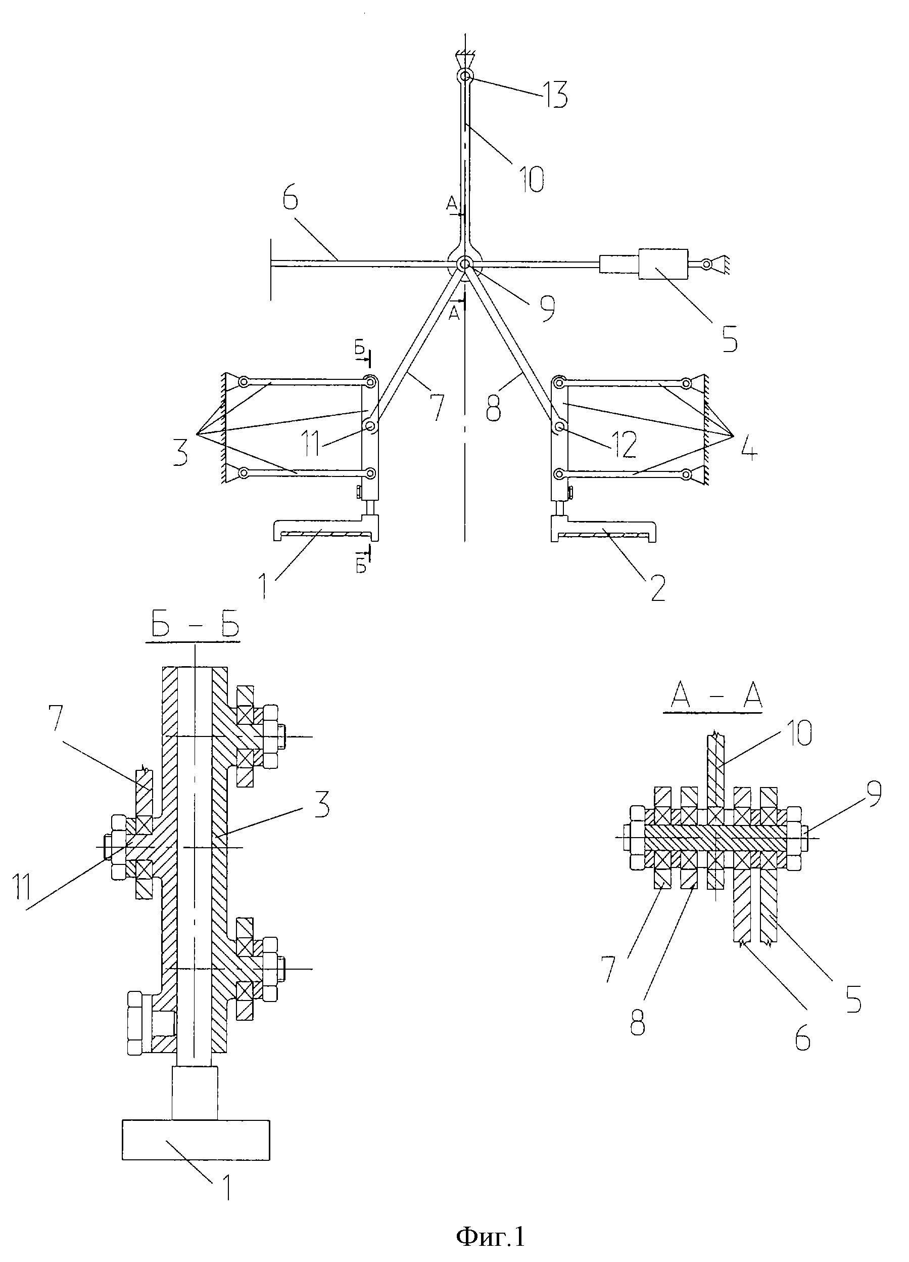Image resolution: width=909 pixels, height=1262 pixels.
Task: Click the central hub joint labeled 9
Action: coord(464,265)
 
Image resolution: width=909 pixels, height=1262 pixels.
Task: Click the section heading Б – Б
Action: coord(194,627)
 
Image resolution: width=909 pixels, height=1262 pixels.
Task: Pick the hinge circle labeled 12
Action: coord(559,427)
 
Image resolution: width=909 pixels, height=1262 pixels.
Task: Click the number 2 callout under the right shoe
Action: coord(657,588)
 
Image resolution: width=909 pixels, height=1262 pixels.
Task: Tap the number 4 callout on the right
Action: coord(747,448)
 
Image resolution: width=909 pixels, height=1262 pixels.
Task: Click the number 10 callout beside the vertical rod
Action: coord(532,179)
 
